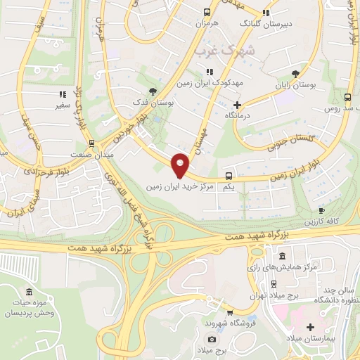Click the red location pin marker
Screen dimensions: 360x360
(181, 165)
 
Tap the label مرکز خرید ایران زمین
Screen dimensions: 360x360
(180, 188)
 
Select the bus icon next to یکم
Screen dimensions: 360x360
(229, 176)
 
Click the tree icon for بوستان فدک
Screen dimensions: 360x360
(153, 91)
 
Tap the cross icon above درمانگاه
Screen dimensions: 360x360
(238, 104)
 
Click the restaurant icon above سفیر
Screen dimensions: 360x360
(62, 94)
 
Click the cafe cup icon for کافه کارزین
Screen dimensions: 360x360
(321, 210)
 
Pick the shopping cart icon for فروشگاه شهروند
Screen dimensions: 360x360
(229, 311)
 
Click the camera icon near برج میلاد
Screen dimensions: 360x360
(212, 340)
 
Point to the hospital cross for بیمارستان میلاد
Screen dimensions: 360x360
(310, 327)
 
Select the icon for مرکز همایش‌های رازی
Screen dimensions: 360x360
(283, 256)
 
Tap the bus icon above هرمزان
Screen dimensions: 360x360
(207, 13)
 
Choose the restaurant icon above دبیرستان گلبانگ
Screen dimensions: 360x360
(265, 13)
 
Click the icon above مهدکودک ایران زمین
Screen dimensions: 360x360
(210, 72)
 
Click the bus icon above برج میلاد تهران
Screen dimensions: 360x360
(274, 285)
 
